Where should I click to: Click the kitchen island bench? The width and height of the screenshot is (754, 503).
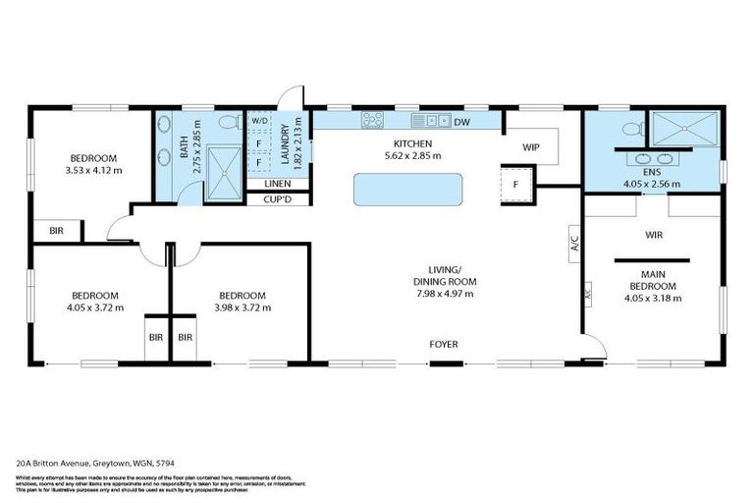[x=407, y=189]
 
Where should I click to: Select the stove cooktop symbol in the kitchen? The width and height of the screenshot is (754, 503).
[x=372, y=121]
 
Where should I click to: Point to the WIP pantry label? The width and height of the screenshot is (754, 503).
[x=531, y=146]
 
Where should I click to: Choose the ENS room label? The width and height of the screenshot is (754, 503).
[x=652, y=171]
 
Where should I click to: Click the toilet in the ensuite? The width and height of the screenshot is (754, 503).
[x=631, y=128]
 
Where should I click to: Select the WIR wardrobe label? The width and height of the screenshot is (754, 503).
[x=655, y=236]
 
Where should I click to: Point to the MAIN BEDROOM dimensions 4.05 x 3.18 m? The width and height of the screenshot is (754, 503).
[x=652, y=297]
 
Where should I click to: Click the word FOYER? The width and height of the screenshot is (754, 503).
[x=443, y=344]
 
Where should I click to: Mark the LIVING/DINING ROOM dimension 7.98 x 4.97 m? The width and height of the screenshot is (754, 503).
[x=445, y=293]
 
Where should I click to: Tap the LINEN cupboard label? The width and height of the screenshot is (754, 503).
[x=278, y=184]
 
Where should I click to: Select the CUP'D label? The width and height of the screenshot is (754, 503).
[x=278, y=200]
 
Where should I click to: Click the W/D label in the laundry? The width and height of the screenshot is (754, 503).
[x=259, y=121]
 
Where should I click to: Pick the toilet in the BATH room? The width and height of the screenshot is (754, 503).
[x=228, y=124]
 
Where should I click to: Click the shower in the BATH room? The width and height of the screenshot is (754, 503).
[x=224, y=173]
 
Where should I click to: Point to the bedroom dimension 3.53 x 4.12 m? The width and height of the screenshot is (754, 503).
[x=94, y=170]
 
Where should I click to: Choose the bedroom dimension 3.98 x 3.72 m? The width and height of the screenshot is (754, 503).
[x=242, y=307]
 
